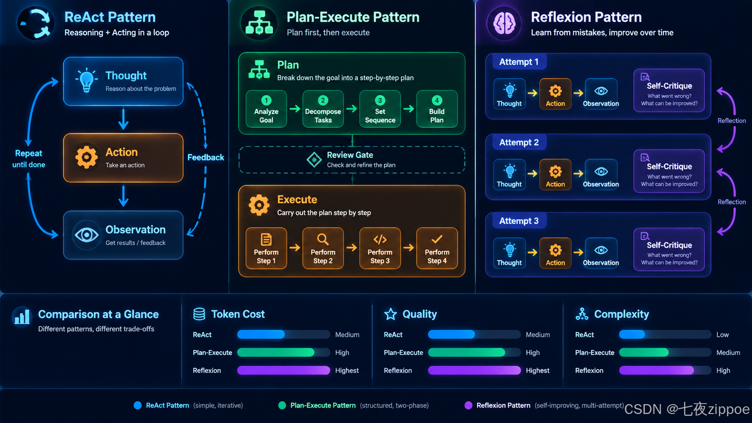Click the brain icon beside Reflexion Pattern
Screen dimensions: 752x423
click(x=504, y=23)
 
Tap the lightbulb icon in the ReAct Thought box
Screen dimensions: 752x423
click(x=87, y=80)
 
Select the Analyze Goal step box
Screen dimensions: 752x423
click(x=266, y=109)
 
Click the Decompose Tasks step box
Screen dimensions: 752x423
click(x=323, y=109)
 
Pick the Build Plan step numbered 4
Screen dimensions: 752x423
click(x=437, y=109)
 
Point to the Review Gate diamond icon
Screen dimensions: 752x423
click(x=314, y=159)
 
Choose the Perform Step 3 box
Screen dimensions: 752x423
click(x=380, y=248)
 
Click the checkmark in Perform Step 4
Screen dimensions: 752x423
click(x=437, y=239)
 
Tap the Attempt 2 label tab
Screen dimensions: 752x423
click(x=519, y=142)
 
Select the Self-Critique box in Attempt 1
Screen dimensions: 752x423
click(x=669, y=90)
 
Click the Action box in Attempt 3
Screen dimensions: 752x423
click(x=555, y=253)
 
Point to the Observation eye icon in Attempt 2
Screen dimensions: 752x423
click(x=601, y=171)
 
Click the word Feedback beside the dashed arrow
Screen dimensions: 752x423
click(x=206, y=157)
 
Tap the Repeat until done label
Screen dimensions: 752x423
click(x=29, y=159)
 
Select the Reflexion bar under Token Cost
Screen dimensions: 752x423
click(x=284, y=370)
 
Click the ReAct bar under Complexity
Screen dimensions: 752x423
click(x=632, y=334)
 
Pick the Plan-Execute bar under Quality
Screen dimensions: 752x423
click(x=466, y=352)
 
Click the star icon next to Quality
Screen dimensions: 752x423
click(x=390, y=314)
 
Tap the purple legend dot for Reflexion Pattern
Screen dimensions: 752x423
click(x=468, y=405)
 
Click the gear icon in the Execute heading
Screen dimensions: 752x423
click(x=259, y=205)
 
